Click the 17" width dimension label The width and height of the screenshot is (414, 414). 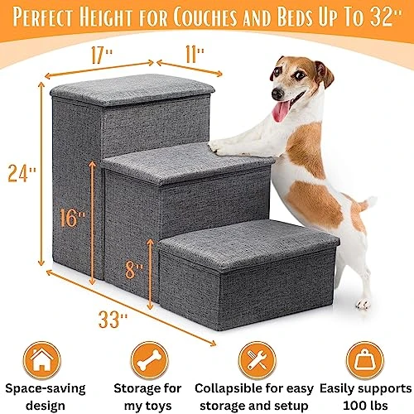click(x=102, y=55)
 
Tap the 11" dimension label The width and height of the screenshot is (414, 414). click(x=195, y=55)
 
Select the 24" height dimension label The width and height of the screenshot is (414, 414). click(x=22, y=173)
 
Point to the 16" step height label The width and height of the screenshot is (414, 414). click(x=72, y=218)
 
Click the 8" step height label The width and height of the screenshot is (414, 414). click(x=134, y=270)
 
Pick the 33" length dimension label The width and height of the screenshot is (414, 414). click(x=113, y=320)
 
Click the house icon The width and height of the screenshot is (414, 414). click(x=42, y=360)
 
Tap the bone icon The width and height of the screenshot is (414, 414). click(x=150, y=360)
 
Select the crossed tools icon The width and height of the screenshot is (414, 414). click(x=258, y=360)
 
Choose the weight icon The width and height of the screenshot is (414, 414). click(x=365, y=360)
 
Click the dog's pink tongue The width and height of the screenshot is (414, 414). click(x=281, y=111)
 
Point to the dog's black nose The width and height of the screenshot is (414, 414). click(x=277, y=94)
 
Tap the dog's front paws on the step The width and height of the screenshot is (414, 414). click(x=218, y=147)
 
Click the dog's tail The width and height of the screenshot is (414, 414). click(x=366, y=204)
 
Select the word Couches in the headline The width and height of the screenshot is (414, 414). click(x=205, y=17)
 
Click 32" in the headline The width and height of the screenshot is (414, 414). click(x=386, y=17)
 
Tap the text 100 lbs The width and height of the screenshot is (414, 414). click(x=365, y=406)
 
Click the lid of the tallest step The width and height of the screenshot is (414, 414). click(x=132, y=89)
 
